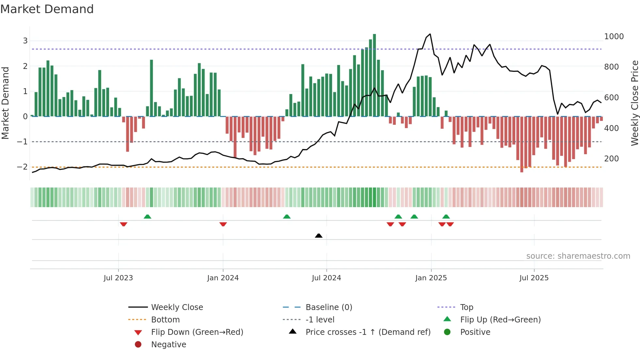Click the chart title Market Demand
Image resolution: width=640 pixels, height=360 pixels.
47,9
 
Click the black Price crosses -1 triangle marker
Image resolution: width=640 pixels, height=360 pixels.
319,236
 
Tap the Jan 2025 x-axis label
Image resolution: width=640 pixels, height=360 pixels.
431,278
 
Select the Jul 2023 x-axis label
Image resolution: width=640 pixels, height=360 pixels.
118,278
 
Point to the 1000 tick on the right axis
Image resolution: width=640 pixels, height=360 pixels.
614,37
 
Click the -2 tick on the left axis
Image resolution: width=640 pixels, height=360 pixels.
23,167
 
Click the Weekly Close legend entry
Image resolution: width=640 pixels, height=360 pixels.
177,307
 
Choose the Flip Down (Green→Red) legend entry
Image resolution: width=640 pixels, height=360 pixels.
197,332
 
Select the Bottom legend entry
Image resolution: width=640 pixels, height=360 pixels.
165,320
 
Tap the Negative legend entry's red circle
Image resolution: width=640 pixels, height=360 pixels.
138,345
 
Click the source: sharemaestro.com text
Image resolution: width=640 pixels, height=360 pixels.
578,256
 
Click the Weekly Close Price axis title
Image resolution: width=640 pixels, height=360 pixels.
634,103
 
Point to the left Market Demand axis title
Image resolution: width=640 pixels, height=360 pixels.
5,103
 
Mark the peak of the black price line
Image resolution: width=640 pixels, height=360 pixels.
430,34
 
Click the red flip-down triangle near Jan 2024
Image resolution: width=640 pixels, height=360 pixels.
223,224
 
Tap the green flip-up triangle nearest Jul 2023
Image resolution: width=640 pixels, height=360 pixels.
147,217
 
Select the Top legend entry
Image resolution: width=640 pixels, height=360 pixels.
466,307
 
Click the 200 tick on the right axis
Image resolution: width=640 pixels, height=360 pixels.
611,159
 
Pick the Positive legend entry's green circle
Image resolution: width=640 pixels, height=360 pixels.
447,332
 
